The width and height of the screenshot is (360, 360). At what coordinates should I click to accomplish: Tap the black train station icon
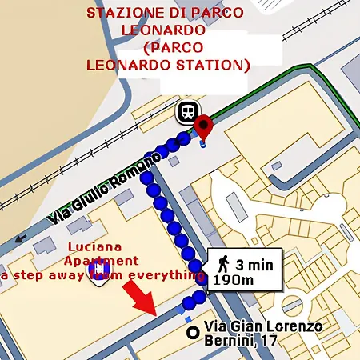coord(186,112)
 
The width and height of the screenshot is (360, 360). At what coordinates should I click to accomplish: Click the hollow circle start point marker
coord(190,332)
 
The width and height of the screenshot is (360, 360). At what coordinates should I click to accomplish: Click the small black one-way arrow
coord(18,238)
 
